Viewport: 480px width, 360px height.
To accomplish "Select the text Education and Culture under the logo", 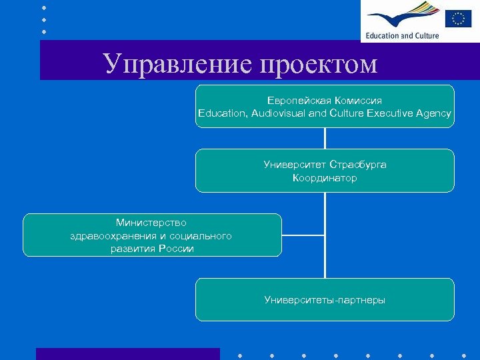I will click(x=402, y=35).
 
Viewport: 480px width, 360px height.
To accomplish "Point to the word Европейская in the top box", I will click(x=295, y=100).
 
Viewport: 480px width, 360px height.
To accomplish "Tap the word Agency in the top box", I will click(x=433, y=113).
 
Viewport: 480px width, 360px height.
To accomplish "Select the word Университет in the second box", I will click(x=295, y=164).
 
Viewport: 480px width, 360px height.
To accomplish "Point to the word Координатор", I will click(x=325, y=178).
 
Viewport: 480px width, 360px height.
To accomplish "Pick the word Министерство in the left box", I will click(x=151, y=222).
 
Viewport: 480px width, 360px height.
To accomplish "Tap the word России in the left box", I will click(x=176, y=249).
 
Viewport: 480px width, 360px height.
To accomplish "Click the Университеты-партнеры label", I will click(x=325, y=300).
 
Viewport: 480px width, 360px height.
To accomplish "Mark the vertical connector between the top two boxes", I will click(x=325, y=138).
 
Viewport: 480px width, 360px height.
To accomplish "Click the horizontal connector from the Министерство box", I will click(x=303, y=235).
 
